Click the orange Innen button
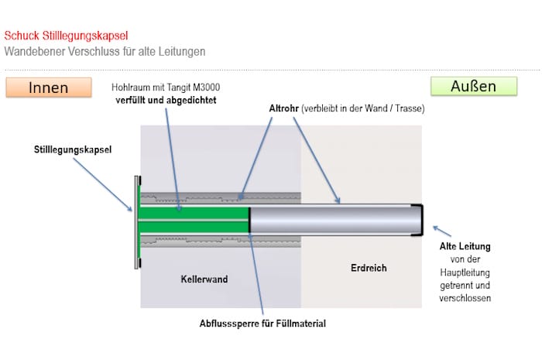pos(48,87)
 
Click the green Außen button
pos(473,86)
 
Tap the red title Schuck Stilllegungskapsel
pos(66,36)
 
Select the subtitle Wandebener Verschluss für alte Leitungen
pos(105,52)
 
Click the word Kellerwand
pos(204,279)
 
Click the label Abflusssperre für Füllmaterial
pos(262,323)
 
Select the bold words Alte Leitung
pos(465,247)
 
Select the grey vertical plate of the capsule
pos(137,221)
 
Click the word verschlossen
pos(465,297)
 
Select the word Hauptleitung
pos(465,273)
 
